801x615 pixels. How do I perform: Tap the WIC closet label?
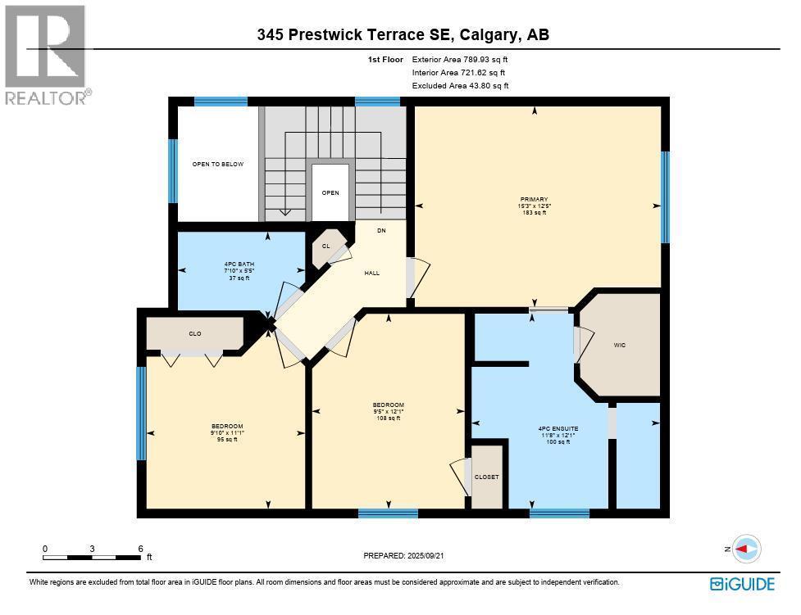(x=620, y=346)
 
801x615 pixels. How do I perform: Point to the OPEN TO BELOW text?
(x=217, y=165)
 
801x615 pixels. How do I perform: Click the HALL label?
(x=371, y=274)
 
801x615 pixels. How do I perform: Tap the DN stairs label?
(x=381, y=231)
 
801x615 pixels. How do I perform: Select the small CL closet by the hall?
(x=325, y=246)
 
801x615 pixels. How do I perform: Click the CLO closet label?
(x=195, y=334)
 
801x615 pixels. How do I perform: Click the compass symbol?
(x=745, y=549)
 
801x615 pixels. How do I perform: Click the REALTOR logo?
(x=46, y=55)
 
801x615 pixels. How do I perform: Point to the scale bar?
(x=93, y=557)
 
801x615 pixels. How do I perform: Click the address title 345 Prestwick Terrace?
(x=403, y=34)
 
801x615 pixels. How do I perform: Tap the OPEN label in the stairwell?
(x=330, y=193)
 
